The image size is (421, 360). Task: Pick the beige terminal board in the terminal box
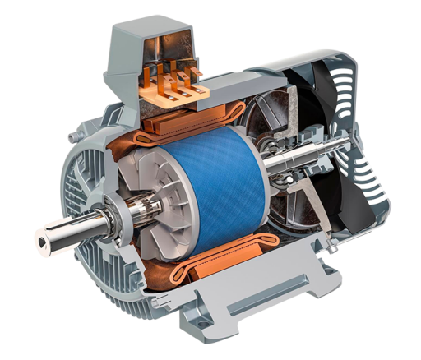[x=164, y=99]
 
